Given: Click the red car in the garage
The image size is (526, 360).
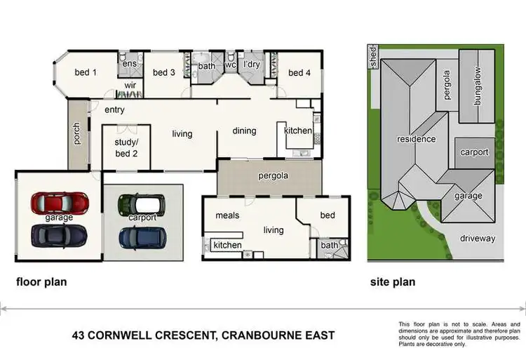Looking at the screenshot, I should (x=60, y=204).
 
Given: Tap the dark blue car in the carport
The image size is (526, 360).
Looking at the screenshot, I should (x=141, y=238).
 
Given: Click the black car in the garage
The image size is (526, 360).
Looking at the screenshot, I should (x=60, y=236).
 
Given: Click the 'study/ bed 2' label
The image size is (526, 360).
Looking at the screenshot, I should (x=126, y=148).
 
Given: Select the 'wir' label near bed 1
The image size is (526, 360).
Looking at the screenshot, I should (x=130, y=86).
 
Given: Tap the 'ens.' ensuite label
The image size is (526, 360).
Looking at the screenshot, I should (x=130, y=64).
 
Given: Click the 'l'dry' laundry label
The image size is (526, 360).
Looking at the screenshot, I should (x=252, y=65).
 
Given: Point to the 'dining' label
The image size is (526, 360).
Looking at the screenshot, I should (x=244, y=131).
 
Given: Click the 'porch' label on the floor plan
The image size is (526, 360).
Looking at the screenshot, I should (x=76, y=134).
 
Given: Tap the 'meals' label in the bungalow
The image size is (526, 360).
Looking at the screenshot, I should (x=228, y=215).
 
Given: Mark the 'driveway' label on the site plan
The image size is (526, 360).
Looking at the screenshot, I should (x=478, y=238).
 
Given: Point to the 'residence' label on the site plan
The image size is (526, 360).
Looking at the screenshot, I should (x=417, y=139).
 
